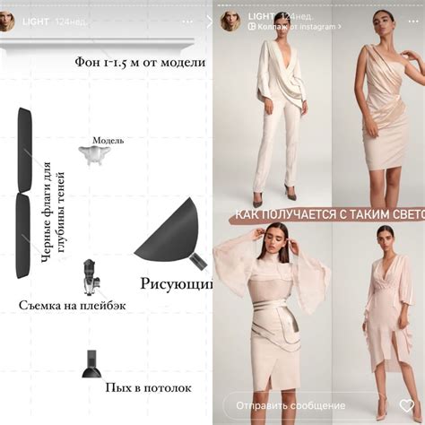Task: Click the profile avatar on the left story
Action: click(x=7, y=22)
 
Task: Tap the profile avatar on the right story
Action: click(x=229, y=21)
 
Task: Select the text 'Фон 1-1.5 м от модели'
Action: click(x=140, y=62)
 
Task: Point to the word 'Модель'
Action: click(x=108, y=141)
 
